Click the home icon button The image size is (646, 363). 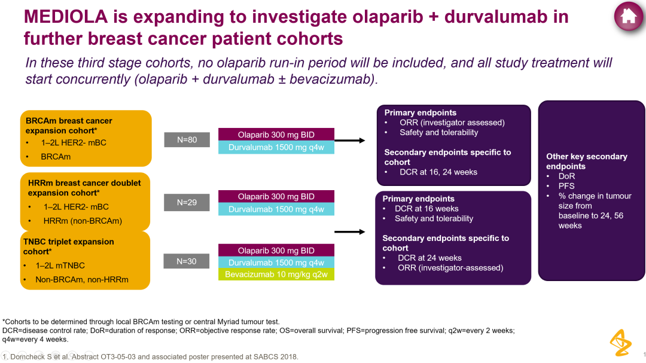(628, 17)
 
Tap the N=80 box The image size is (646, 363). (187, 140)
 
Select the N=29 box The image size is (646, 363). (187, 203)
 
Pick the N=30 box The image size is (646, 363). (187, 261)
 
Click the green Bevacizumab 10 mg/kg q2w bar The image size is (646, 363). (276, 274)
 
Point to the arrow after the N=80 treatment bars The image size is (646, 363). (354, 141)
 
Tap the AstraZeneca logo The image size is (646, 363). (620, 342)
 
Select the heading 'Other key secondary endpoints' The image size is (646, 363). (586, 161)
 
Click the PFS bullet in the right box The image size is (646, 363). (566, 186)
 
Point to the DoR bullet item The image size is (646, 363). (566, 176)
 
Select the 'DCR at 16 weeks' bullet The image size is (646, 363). (426, 209)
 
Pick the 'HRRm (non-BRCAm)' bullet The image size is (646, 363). (83, 221)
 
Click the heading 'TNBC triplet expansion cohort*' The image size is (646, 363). (68, 246)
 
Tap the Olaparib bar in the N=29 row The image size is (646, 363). (276, 197)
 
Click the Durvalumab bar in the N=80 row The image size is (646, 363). (276, 147)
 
